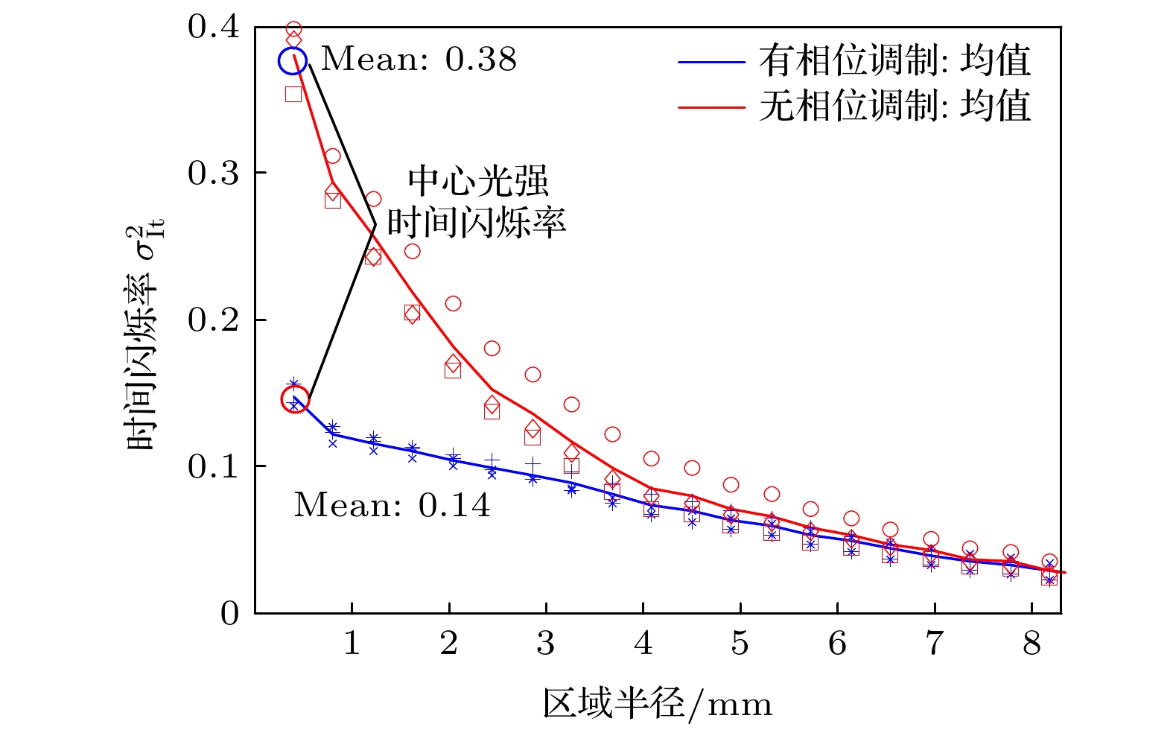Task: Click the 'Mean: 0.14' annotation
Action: (392, 506)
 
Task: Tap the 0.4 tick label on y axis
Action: (214, 28)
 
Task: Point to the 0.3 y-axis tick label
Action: (214, 174)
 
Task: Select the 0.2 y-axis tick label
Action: (214, 320)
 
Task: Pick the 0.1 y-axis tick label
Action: (214, 467)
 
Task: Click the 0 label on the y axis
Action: (230, 614)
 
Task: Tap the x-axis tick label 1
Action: (352, 643)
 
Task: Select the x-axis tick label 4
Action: (643, 643)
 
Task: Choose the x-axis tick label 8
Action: (1031, 643)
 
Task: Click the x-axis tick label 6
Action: (837, 643)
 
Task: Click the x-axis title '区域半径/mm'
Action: (658, 704)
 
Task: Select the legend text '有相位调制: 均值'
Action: (894, 61)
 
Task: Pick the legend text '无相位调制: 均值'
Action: (894, 106)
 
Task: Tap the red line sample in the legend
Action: (712, 107)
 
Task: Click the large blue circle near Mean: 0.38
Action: (292, 61)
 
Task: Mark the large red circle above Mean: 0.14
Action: (295, 399)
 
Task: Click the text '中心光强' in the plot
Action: (477, 182)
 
